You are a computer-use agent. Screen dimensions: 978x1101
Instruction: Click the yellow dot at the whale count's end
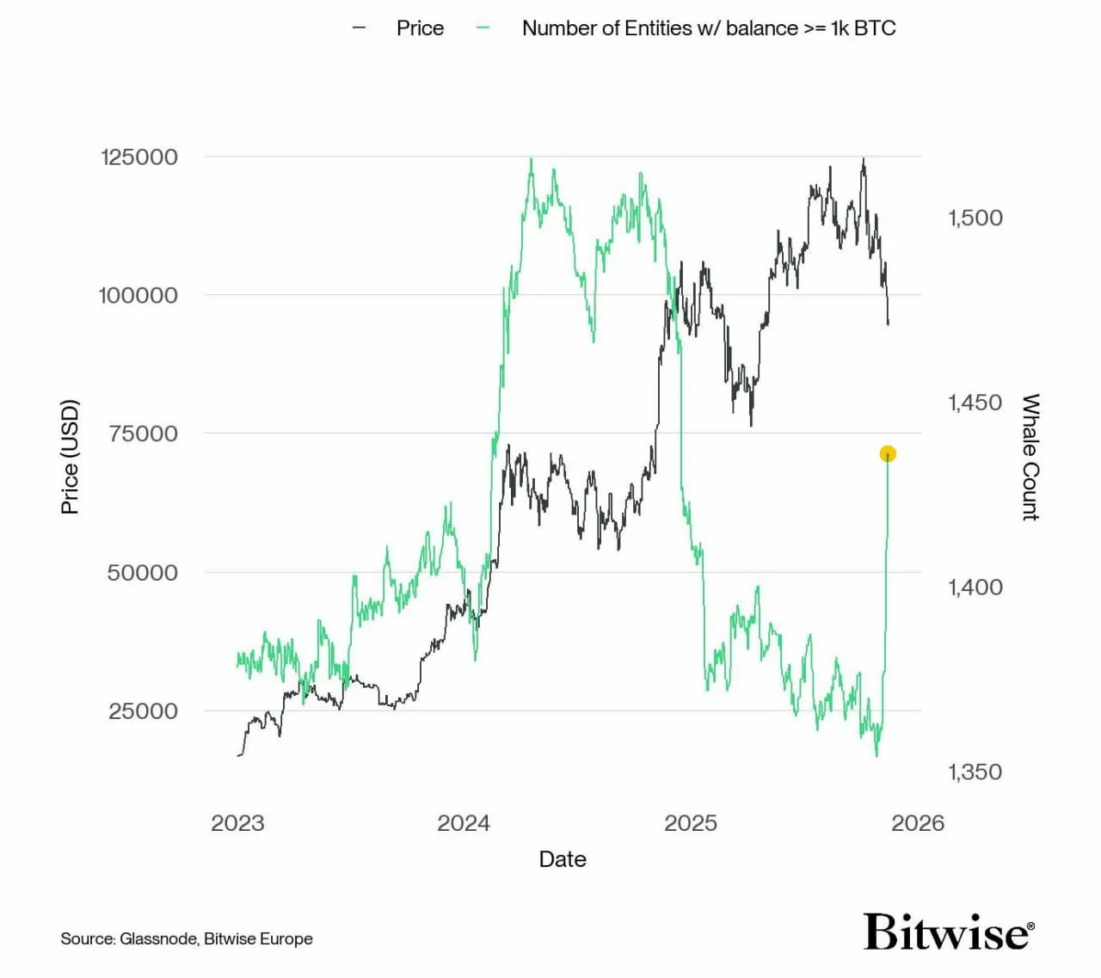pyautogui.click(x=888, y=453)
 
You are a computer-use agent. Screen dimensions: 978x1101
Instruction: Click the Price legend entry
pyautogui.click(x=419, y=28)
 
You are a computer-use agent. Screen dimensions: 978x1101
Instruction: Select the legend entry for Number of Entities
pyautogui.click(x=708, y=28)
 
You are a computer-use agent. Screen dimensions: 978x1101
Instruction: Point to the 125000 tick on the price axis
pyautogui.click(x=139, y=157)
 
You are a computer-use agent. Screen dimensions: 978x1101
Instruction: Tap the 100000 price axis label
pyautogui.click(x=138, y=295)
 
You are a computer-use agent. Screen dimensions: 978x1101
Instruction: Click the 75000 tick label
pyautogui.click(x=143, y=434)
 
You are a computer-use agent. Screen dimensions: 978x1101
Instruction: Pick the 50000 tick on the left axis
pyautogui.click(x=142, y=573)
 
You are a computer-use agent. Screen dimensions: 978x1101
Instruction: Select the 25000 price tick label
pyautogui.click(x=143, y=711)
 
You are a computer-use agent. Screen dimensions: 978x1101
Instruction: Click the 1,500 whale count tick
pyautogui.click(x=975, y=218)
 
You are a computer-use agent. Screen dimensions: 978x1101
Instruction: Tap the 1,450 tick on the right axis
pyautogui.click(x=975, y=403)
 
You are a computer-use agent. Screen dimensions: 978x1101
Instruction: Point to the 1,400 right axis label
pyautogui.click(x=975, y=587)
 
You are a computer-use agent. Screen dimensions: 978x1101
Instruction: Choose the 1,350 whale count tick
pyautogui.click(x=975, y=772)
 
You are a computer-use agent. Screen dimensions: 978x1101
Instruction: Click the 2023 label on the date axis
pyautogui.click(x=237, y=823)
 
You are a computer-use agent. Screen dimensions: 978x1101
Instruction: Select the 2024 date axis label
pyautogui.click(x=464, y=823)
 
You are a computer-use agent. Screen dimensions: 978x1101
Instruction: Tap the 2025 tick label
pyautogui.click(x=691, y=823)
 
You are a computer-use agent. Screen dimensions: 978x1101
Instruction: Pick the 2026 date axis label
pyautogui.click(x=918, y=823)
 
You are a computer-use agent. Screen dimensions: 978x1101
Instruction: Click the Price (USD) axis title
pyautogui.click(x=70, y=457)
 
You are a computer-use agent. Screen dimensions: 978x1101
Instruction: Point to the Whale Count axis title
pyautogui.click(x=1030, y=457)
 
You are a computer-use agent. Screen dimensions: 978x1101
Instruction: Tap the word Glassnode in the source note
pyautogui.click(x=158, y=938)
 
